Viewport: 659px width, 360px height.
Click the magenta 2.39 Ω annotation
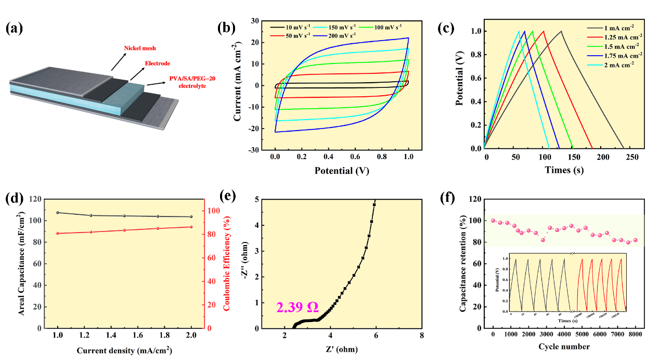click(298, 307)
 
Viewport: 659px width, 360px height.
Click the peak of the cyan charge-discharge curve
click(519, 31)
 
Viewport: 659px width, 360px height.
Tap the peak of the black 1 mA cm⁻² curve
click(561, 31)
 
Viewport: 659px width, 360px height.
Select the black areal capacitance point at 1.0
click(58, 213)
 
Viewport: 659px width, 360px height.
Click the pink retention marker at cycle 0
click(493, 221)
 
